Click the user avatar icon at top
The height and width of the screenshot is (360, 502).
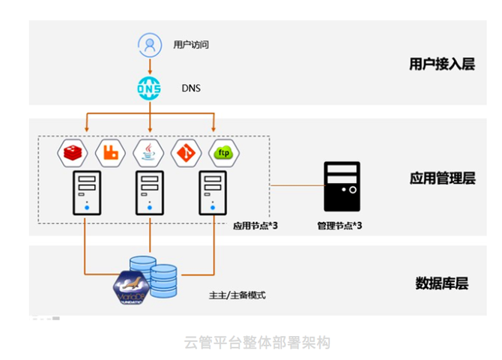coord(151,44)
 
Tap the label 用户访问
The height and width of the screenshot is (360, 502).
coord(190,45)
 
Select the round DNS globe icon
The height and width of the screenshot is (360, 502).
coord(149,88)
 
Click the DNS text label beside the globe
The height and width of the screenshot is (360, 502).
coord(191,88)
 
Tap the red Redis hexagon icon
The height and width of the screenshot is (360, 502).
coord(73,153)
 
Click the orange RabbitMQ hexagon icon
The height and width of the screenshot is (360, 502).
coord(111,153)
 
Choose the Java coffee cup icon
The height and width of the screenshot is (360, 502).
coord(148,153)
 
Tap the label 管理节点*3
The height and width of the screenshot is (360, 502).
coord(340,226)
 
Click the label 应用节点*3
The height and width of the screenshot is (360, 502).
coord(255,226)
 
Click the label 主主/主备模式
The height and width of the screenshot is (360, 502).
coord(238,295)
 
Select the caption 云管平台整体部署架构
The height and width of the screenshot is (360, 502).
coord(257,342)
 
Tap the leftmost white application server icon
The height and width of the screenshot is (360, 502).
coord(86,193)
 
